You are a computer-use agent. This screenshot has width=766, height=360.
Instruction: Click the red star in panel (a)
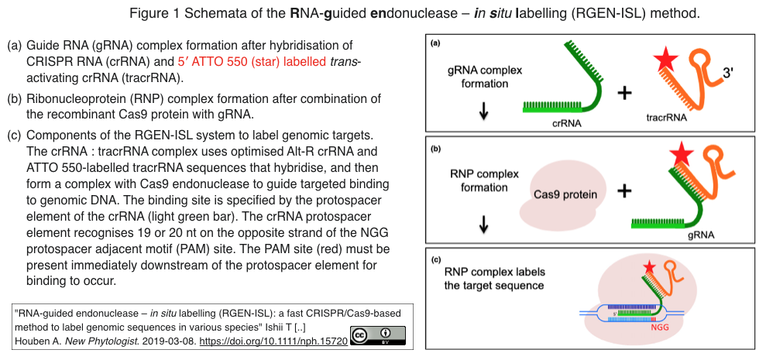665,60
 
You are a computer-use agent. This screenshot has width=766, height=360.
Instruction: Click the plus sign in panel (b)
624,191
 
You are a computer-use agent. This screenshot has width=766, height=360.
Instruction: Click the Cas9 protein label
565,195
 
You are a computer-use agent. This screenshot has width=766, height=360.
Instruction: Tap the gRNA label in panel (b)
702,235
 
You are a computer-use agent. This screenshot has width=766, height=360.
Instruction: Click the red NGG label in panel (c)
660,328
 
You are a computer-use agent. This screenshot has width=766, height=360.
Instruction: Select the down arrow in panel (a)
483,111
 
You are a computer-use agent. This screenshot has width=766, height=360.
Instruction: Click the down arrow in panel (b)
483,224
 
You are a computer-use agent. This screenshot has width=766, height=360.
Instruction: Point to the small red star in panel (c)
649,267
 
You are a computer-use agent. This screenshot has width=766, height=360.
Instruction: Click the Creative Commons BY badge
378,336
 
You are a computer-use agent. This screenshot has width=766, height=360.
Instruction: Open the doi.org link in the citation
273,341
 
